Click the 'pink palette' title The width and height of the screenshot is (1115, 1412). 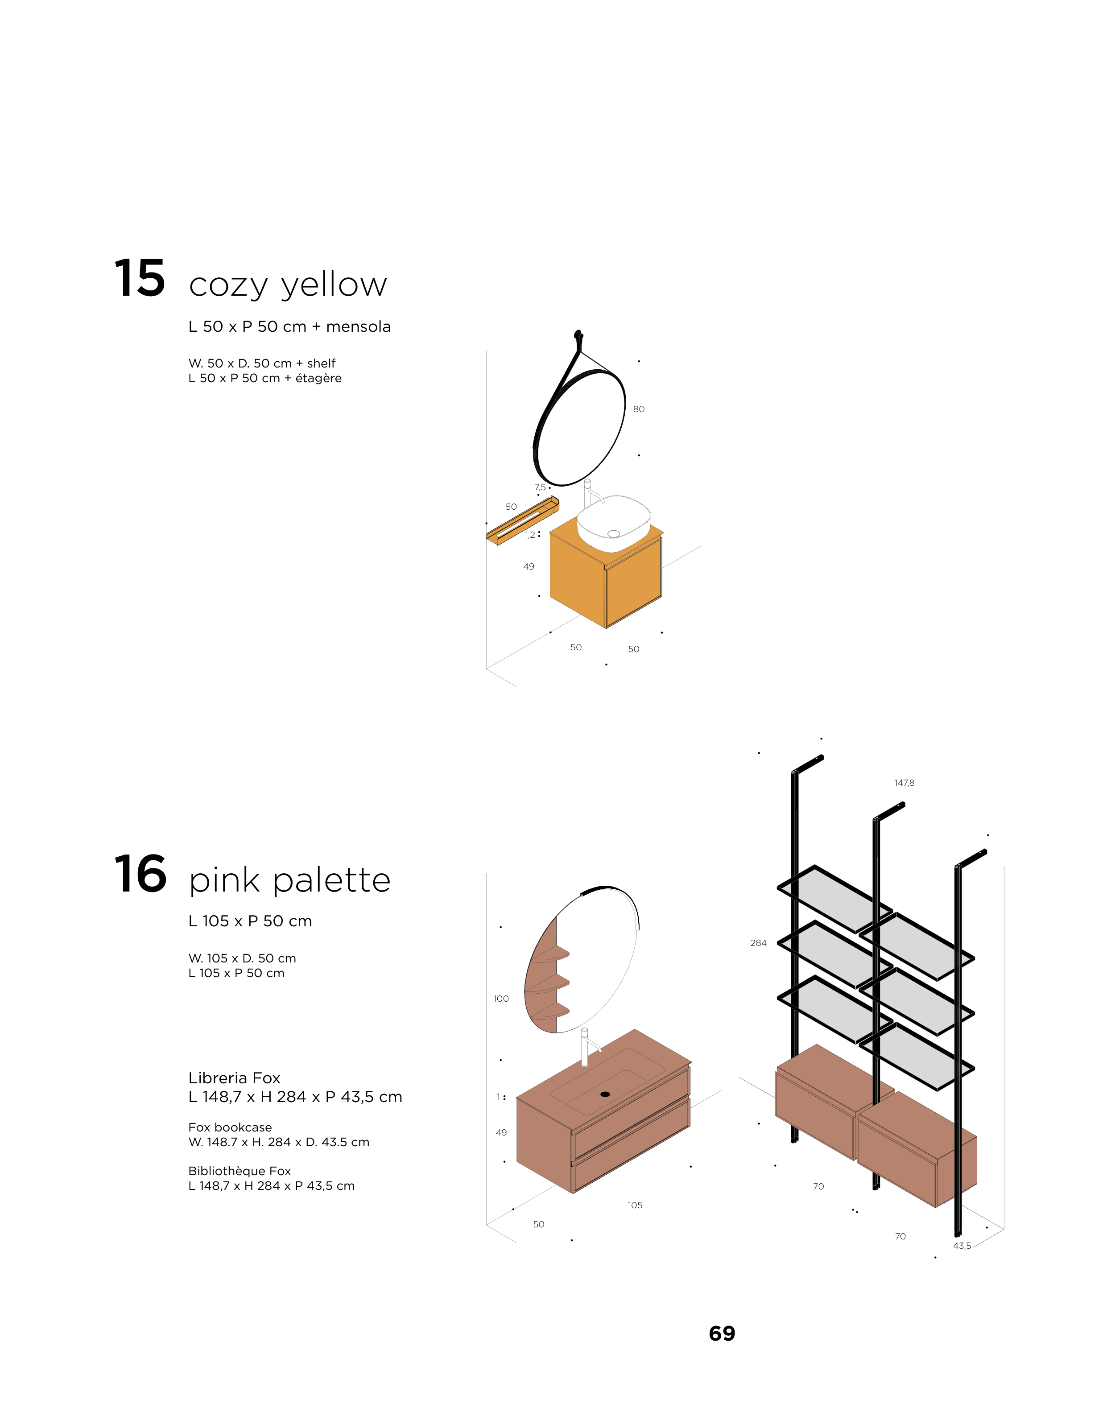click(x=290, y=881)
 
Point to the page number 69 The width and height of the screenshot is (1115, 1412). click(x=722, y=1333)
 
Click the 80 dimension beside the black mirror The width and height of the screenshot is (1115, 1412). click(x=638, y=409)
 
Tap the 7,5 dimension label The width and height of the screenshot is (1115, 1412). click(x=540, y=487)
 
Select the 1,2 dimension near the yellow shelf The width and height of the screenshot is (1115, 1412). click(x=530, y=535)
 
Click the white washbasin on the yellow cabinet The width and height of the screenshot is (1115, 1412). click(x=614, y=522)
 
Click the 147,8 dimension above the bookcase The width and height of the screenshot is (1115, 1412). click(x=904, y=783)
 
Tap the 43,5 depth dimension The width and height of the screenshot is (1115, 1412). click(x=962, y=1246)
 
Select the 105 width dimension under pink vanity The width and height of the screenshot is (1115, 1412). click(x=635, y=1205)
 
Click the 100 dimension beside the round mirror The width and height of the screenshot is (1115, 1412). click(x=501, y=998)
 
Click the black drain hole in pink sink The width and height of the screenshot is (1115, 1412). click(x=605, y=1094)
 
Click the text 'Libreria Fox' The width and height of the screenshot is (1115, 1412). click(x=234, y=1078)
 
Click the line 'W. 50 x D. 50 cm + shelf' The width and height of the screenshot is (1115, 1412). click(x=262, y=363)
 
